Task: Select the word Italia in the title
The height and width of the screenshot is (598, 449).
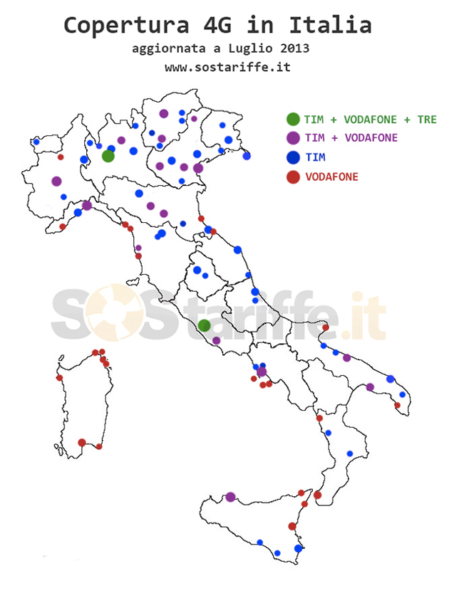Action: (x=330, y=25)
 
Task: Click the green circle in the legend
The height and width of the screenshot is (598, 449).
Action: (x=292, y=119)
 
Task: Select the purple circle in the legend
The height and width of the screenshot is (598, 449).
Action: (x=292, y=138)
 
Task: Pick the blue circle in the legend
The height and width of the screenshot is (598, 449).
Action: (x=292, y=157)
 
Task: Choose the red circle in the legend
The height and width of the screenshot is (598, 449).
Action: (x=292, y=177)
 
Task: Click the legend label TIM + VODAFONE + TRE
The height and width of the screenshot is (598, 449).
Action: (x=370, y=119)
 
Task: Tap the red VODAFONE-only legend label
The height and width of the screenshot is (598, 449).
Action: (x=331, y=177)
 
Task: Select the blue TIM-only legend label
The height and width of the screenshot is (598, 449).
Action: (x=314, y=157)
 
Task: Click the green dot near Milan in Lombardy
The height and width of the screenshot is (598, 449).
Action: (x=108, y=156)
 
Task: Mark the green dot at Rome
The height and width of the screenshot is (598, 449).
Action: (x=204, y=325)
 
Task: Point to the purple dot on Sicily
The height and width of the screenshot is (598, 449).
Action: (x=230, y=497)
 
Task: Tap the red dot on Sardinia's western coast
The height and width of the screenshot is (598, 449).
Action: (x=60, y=378)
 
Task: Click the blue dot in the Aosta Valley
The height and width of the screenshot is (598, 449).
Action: (x=36, y=142)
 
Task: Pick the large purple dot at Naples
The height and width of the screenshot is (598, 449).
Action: (x=262, y=372)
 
